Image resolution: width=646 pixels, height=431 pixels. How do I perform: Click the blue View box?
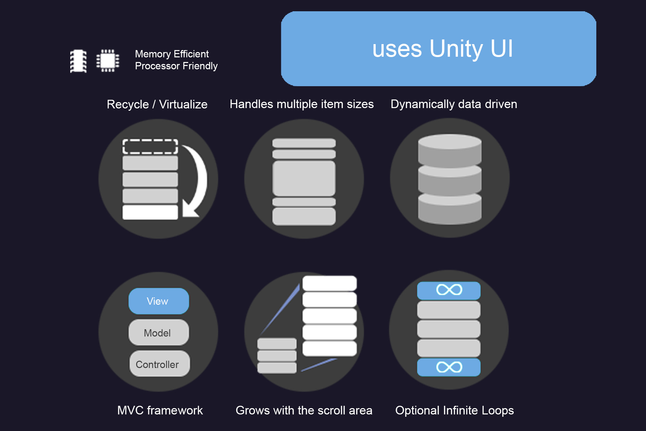click(x=159, y=301)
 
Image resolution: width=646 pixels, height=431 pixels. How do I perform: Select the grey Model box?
click(x=159, y=333)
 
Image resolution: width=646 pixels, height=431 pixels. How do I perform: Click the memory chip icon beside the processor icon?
click(x=79, y=61)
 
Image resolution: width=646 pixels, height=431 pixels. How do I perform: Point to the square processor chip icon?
click(x=108, y=61)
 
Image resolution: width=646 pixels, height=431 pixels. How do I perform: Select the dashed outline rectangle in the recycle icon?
click(x=150, y=147)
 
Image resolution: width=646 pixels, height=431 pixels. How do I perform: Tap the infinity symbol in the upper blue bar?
click(x=449, y=290)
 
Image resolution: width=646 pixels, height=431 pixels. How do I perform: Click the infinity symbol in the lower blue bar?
click(x=449, y=367)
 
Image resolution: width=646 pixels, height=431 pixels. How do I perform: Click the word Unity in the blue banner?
click(x=456, y=49)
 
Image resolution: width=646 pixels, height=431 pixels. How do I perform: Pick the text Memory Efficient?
click(x=172, y=54)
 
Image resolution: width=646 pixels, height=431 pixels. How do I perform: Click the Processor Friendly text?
click(x=176, y=66)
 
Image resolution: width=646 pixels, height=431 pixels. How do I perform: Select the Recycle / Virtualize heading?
click(x=157, y=104)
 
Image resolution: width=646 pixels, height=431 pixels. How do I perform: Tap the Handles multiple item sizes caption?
click(x=301, y=104)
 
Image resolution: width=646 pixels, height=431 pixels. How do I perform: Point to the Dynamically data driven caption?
click(x=454, y=104)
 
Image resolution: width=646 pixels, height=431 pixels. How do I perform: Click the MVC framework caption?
click(x=160, y=410)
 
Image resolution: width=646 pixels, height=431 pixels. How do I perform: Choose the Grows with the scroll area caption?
click(x=304, y=410)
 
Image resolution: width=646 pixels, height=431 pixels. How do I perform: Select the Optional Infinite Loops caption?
click(x=454, y=410)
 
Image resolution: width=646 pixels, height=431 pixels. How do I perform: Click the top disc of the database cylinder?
click(x=450, y=142)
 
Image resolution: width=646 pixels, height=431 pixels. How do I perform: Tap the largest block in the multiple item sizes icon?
click(x=304, y=178)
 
